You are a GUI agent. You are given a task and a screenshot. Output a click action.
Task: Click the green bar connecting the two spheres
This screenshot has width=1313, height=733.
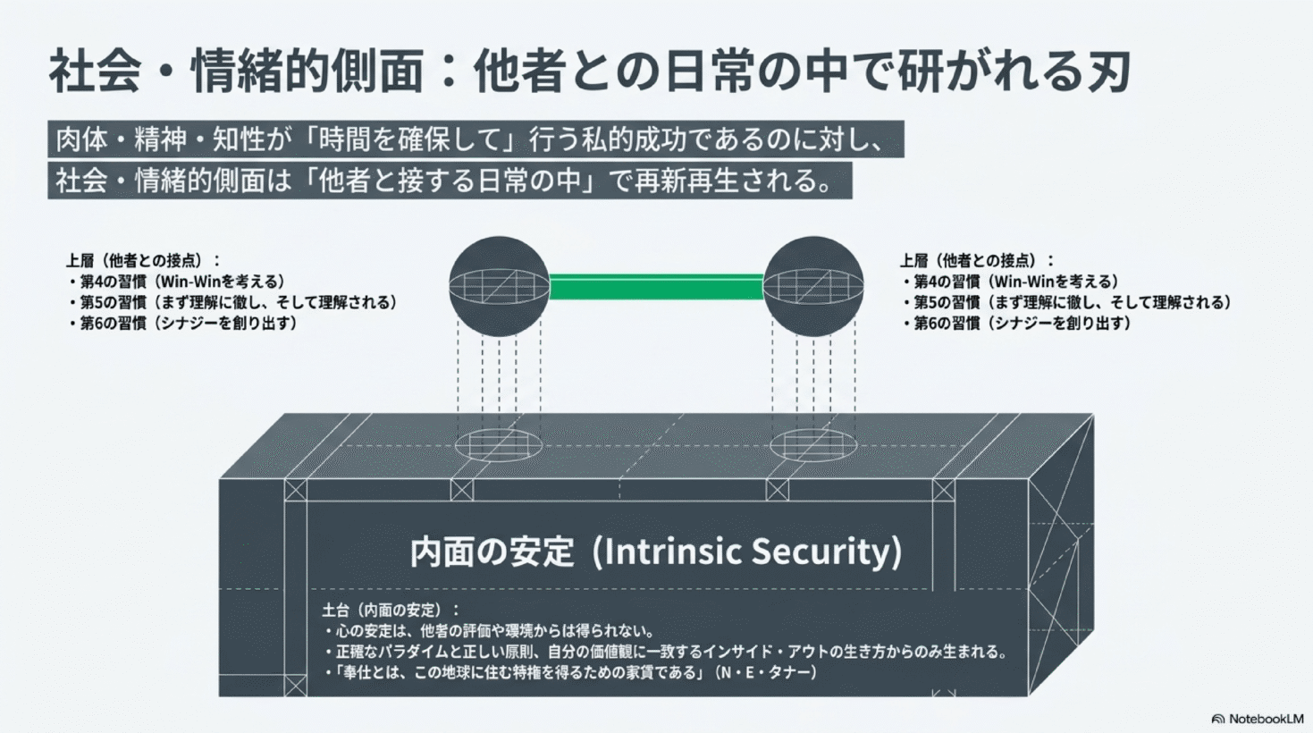[656, 287]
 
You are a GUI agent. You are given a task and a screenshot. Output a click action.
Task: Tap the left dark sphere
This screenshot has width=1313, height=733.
[500, 286]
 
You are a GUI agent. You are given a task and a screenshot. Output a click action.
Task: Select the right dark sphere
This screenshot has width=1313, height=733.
[813, 286]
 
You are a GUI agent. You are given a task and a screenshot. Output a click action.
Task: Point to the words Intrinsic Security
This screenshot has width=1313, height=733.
[746, 552]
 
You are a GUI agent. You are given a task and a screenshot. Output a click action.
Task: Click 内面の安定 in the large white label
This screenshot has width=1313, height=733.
[492, 552]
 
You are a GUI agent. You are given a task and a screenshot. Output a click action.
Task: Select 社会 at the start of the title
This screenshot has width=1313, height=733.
[95, 72]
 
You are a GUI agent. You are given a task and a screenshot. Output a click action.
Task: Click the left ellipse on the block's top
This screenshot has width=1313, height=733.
[499, 446]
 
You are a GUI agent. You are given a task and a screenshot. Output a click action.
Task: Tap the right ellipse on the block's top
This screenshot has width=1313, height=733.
[813, 446]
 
